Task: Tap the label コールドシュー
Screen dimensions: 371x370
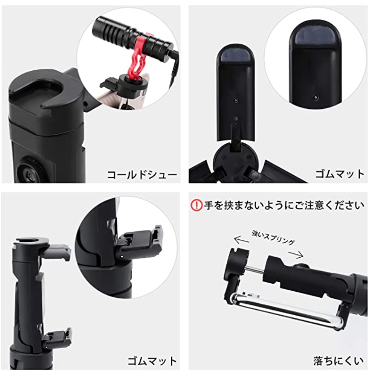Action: tap(142, 175)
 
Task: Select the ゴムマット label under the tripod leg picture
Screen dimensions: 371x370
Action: tap(339, 174)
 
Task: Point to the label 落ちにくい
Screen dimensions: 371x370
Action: tap(338, 361)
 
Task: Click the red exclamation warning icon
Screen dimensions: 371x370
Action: tap(196, 205)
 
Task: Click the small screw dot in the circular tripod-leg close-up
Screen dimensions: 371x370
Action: tap(315, 97)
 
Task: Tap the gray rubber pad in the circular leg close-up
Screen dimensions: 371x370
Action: tap(315, 36)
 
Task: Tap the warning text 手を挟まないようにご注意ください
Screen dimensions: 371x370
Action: tap(284, 205)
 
